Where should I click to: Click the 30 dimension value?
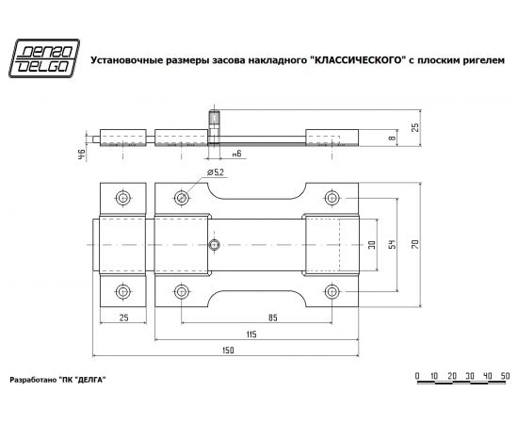pyautogui.click(x=374, y=244)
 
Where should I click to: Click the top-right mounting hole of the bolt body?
pyautogui.click(x=331, y=198)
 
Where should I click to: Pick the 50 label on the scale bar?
pyautogui.click(x=505, y=377)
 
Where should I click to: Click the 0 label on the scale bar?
pyautogui.click(x=416, y=377)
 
